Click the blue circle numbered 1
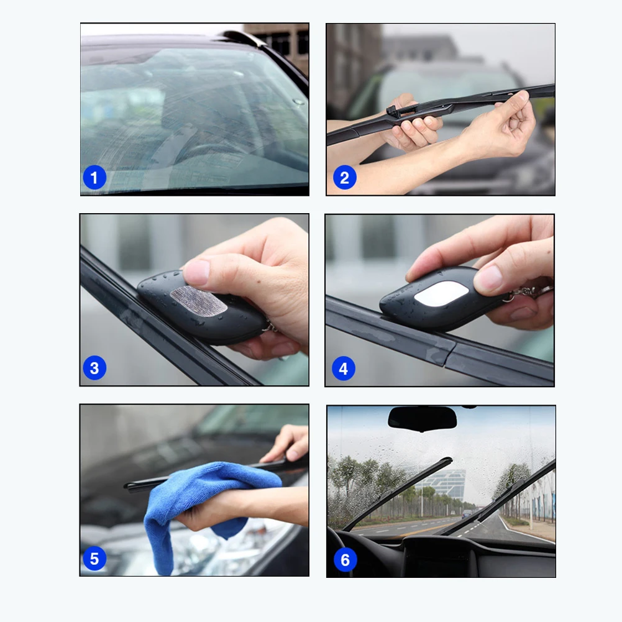94,177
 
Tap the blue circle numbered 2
344,177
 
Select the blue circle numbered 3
94,368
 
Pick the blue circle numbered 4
344,368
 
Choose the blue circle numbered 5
94,559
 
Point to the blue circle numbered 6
345,560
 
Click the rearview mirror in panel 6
422,419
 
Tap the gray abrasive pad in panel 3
198,300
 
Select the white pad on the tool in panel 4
441,294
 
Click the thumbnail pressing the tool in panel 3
196,272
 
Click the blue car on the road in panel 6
467,515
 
